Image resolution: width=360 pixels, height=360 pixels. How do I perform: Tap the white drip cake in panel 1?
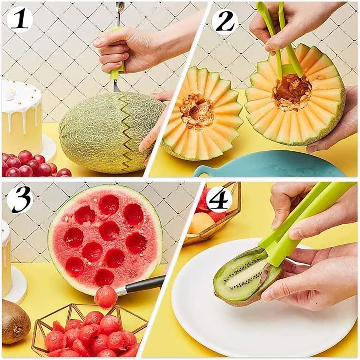21,116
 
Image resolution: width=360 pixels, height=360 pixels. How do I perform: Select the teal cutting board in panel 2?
270,165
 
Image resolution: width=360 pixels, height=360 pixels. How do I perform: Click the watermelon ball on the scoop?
105,297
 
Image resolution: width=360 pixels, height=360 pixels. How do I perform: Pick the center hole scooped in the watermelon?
109,231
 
